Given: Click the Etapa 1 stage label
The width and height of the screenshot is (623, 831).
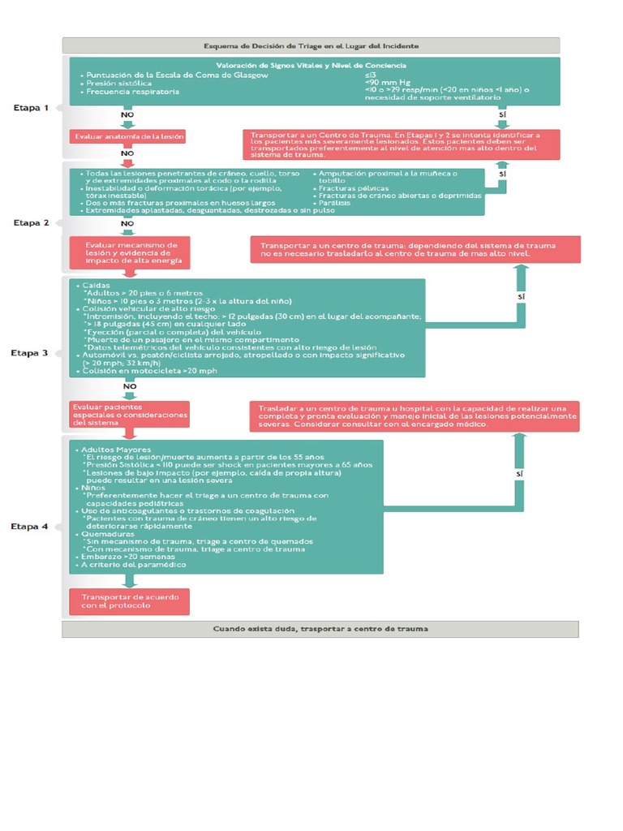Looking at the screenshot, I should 31,107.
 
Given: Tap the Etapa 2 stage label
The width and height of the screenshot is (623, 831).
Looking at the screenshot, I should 31,222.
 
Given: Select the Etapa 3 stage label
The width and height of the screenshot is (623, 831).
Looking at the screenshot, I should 31,353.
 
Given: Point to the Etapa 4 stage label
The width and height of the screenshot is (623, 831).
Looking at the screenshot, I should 31,527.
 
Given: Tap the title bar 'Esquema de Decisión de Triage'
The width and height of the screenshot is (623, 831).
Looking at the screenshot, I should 311,45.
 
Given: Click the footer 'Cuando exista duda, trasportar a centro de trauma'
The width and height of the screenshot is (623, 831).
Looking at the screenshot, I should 320,629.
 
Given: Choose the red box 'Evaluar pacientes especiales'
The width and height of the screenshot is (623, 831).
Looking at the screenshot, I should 130,415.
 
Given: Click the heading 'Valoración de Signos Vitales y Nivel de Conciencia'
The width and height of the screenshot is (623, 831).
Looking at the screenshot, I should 311,65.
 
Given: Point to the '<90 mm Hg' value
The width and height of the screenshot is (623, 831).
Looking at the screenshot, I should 388,83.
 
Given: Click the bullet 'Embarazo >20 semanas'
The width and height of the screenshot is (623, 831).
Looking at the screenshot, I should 130,557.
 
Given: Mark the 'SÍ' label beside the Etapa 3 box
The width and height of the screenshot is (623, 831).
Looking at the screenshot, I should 521,297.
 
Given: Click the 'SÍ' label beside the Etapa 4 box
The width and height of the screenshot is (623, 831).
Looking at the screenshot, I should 521,472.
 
